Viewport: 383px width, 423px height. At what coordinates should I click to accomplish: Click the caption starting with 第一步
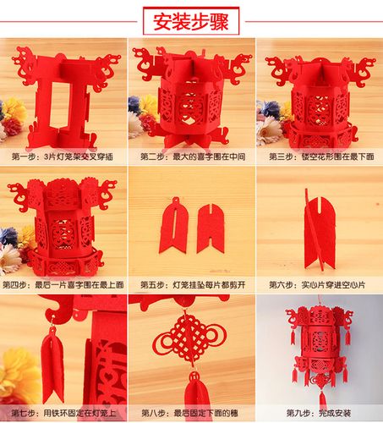[x=63, y=157]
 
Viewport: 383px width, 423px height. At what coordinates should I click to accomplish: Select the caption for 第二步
[x=191, y=157]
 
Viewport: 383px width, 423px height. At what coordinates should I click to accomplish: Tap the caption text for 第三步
[x=319, y=157]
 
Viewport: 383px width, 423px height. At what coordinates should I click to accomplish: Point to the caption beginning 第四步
[x=63, y=285]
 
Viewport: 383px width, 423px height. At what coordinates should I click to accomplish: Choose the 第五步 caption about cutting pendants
[x=191, y=285]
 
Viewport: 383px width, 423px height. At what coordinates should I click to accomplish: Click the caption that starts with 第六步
[x=319, y=285]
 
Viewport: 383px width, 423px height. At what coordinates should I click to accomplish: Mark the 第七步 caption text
[x=63, y=413]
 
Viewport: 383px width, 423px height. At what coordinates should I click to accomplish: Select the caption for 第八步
[x=191, y=413]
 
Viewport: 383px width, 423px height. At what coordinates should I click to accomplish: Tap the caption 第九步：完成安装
[x=319, y=413]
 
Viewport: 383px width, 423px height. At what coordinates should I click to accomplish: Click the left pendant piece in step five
[x=174, y=226]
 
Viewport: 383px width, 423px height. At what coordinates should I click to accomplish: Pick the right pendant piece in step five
[x=210, y=226]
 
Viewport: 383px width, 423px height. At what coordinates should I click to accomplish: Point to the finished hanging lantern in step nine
[x=320, y=343]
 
